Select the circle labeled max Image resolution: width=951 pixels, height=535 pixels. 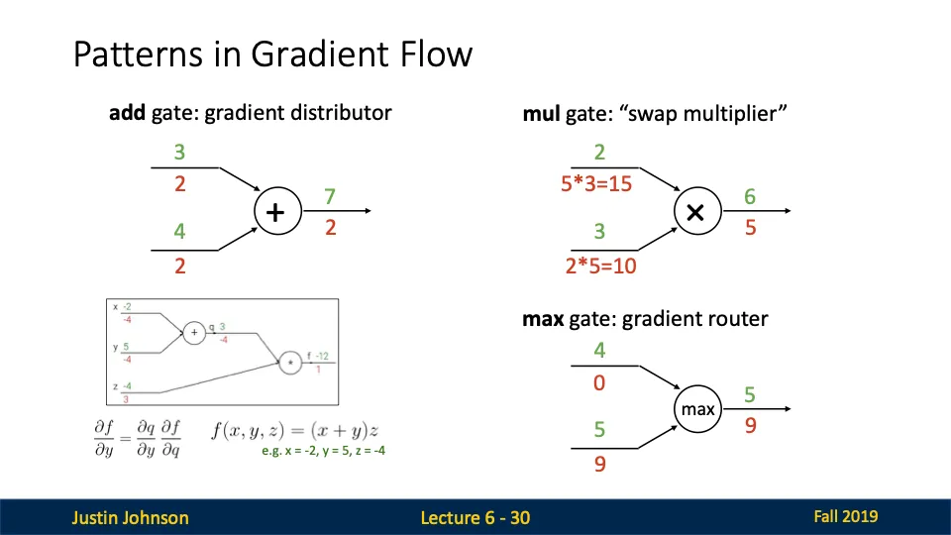tap(697, 408)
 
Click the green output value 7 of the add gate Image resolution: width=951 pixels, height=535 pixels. tap(331, 197)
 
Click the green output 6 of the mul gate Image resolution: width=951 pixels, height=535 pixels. tap(750, 197)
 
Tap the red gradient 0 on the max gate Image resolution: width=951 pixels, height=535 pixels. tap(599, 381)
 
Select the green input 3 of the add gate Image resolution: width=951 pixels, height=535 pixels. tap(180, 153)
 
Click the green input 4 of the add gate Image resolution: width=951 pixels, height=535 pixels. tap(180, 232)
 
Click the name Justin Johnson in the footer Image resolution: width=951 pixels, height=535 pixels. tap(130, 517)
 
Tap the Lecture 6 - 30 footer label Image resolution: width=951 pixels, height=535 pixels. tap(475, 517)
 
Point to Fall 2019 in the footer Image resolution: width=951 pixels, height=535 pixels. tap(845, 516)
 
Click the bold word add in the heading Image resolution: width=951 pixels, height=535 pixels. tap(128, 112)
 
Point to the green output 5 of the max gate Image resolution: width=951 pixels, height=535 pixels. tap(750, 395)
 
